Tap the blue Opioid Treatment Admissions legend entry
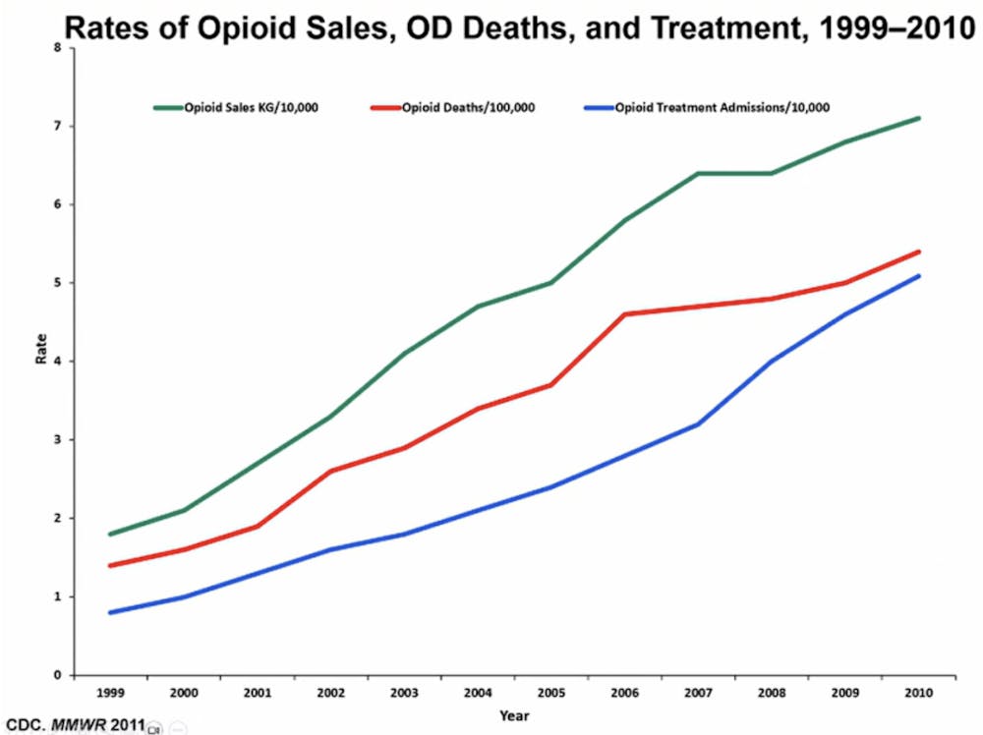(x=718, y=107)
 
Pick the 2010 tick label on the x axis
(x=918, y=693)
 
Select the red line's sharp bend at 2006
(x=625, y=314)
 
